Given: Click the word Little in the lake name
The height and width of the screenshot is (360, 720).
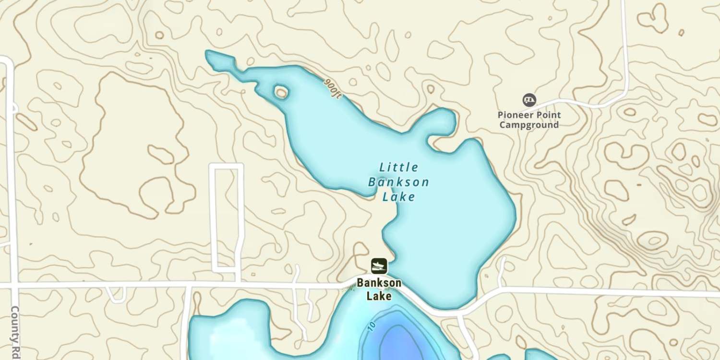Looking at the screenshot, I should tap(399, 168).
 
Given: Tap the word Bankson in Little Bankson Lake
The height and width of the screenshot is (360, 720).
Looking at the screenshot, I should tap(398, 182).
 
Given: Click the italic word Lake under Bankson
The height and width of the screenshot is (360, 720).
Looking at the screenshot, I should tap(398, 197).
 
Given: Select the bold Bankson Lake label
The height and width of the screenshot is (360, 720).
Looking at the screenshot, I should tap(379, 289).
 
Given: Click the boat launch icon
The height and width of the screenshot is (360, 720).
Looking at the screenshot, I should tap(379, 266).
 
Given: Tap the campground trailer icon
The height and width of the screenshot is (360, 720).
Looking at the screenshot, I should tap(529, 100).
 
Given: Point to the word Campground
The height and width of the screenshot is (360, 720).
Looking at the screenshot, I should tap(529, 125).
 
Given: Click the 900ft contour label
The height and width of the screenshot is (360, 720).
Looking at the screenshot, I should tap(332, 89).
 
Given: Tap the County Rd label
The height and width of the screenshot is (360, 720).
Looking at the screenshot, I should tap(15, 331).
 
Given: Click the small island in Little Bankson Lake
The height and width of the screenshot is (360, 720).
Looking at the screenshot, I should tap(281, 92).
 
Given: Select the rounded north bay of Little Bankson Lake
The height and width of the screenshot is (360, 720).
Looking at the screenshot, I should tap(441, 122).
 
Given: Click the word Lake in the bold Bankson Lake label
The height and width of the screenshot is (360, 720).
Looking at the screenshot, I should tap(379, 296).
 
